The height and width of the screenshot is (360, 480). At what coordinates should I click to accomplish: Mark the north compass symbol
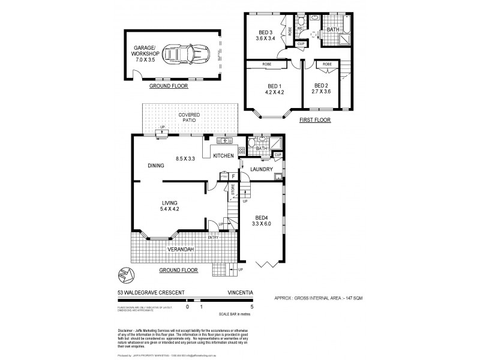coord(125,275)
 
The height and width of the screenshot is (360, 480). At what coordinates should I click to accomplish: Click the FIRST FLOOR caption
coord(314,120)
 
